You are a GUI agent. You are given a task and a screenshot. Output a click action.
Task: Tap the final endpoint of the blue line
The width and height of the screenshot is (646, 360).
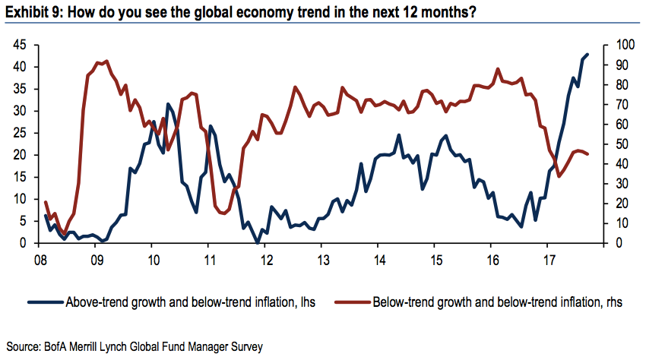(x=587, y=55)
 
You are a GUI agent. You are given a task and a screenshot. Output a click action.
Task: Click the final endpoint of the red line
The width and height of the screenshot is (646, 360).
(x=587, y=153)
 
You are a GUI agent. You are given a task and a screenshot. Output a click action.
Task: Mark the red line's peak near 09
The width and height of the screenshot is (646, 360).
(x=105, y=61)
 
